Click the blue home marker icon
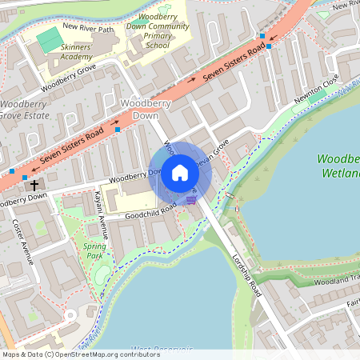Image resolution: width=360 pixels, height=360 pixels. point(180,172)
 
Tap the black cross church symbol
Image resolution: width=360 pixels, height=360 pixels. point(34,185)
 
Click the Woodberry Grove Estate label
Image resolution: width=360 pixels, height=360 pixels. point(24,110)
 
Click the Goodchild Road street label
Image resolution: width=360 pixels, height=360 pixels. point(150,211)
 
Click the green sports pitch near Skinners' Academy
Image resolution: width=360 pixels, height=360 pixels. point(49,38)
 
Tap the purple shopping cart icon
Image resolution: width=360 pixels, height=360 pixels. point(190,200)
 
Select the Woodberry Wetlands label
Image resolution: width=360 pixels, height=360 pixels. point(338,166)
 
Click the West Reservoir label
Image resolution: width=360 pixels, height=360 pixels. point(160,349)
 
